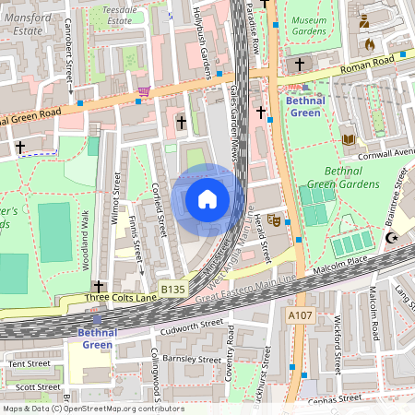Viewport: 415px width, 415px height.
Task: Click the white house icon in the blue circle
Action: [207, 199]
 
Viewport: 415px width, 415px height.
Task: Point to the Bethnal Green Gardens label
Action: [350, 177]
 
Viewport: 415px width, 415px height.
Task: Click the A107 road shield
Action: [301, 315]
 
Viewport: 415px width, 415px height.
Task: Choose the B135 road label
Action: [172, 290]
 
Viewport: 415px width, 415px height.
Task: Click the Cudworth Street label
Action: [187, 326]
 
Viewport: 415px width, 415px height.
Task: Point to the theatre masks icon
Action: [274, 220]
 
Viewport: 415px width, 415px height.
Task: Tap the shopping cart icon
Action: [143, 91]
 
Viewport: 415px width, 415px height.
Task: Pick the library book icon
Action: [349, 139]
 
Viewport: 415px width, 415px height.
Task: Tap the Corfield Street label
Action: [158, 208]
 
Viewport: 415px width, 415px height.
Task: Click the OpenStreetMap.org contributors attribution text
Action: [120, 408]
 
